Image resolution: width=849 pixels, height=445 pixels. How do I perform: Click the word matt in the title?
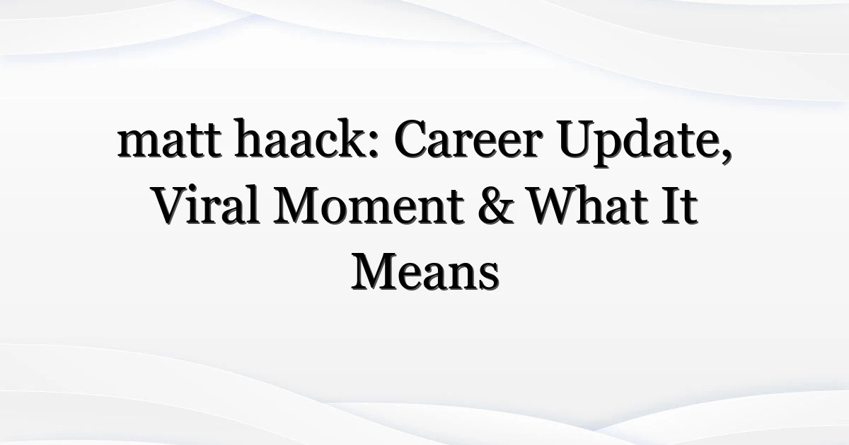tap(169, 140)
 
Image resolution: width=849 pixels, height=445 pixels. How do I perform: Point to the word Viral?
tap(206, 205)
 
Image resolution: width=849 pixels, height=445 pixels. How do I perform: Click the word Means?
tap(425, 271)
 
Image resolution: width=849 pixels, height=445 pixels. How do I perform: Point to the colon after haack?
tap(373, 145)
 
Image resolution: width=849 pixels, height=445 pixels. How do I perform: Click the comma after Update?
tap(724, 156)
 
